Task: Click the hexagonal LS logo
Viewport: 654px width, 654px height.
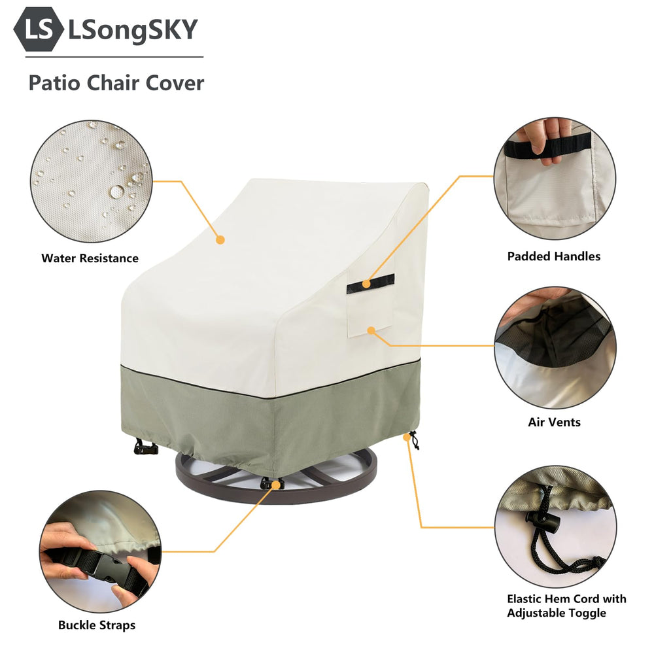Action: (39, 29)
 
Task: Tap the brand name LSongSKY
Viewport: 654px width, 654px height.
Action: (133, 30)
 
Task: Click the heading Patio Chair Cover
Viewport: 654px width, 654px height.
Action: (116, 82)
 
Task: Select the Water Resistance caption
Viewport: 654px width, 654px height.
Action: (90, 258)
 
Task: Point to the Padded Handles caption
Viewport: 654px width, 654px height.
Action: (554, 256)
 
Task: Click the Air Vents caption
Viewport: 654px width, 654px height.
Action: (555, 422)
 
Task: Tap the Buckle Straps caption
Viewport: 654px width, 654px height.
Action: (97, 625)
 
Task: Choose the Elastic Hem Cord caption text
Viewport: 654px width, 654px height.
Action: (566, 606)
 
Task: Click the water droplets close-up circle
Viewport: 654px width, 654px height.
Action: (91, 181)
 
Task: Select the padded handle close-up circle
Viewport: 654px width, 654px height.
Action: (555, 179)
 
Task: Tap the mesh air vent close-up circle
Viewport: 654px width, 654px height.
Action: (555, 347)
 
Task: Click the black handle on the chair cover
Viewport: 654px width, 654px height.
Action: (370, 284)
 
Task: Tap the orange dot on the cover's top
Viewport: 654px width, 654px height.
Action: (220, 240)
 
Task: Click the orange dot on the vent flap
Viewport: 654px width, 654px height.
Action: (371, 330)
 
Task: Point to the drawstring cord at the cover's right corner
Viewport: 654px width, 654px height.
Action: (414, 440)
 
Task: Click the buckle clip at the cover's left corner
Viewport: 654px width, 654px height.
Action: (145, 447)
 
